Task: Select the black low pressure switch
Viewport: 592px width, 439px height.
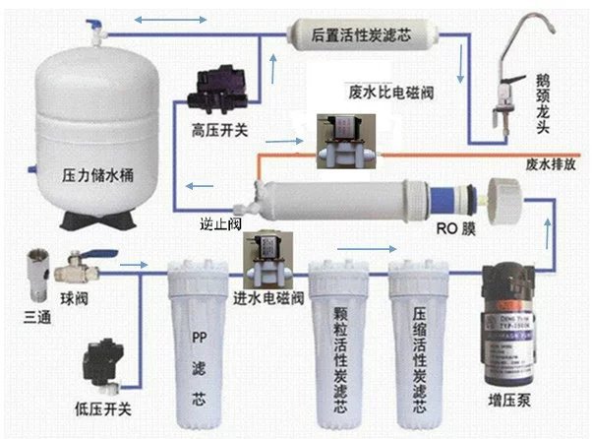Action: pos(104,363)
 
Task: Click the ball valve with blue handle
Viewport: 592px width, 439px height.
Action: pos(76,267)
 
